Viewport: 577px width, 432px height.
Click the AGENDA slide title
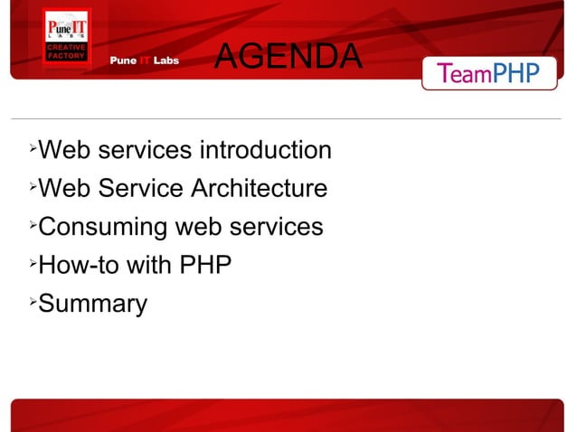[288, 57]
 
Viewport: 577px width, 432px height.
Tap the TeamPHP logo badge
[489, 72]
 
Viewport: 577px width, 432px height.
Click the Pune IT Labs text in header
[145, 61]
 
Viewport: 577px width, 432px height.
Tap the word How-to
[79, 266]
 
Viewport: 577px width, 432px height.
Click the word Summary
[92, 305]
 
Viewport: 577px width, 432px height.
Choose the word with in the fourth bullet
[148, 266]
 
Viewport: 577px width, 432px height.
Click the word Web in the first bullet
[63, 150]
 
